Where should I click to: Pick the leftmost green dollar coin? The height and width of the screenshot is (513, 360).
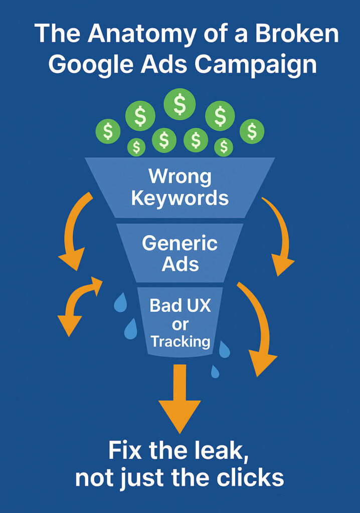click(108, 131)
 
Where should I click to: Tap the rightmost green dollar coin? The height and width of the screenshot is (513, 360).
click(252, 131)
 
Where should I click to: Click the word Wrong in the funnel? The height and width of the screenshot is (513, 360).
click(180, 176)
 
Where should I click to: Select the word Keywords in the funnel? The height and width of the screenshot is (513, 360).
click(180, 198)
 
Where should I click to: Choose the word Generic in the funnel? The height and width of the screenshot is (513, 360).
click(179, 243)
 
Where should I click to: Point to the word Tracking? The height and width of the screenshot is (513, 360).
click(180, 342)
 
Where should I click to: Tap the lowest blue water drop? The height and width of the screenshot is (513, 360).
click(215, 371)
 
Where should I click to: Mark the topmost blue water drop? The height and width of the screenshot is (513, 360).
click(120, 302)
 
